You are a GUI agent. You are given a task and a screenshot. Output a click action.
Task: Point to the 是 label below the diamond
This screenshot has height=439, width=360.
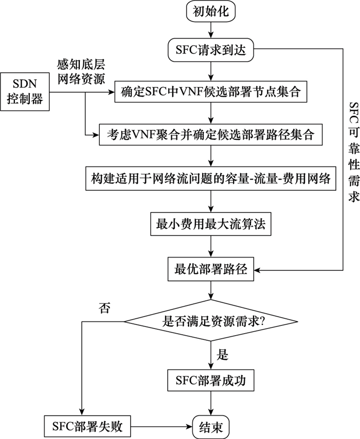point(223,355)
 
